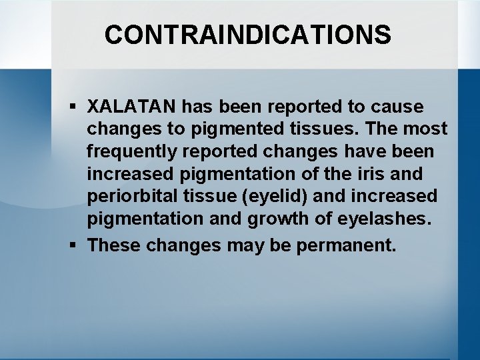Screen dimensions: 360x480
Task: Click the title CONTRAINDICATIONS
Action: click(247, 35)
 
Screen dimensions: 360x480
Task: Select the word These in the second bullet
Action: click(114, 245)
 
